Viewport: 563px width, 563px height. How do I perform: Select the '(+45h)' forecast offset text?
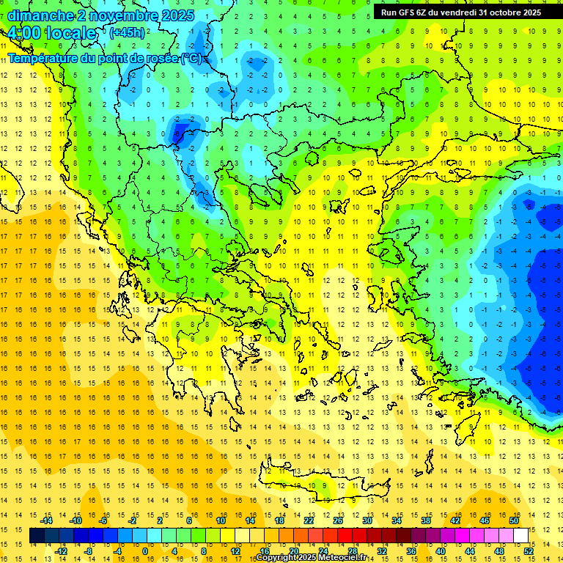(x=127, y=32)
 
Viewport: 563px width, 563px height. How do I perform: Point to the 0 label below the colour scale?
(x=145, y=551)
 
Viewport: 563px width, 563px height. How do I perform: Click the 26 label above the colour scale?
(x=338, y=520)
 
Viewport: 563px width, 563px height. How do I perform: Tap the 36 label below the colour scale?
(x=412, y=551)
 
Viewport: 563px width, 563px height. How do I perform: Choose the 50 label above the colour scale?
(x=513, y=520)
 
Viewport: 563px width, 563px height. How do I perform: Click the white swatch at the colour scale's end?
(x=520, y=536)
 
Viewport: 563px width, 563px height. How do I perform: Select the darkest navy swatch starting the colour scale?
(x=37, y=536)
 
